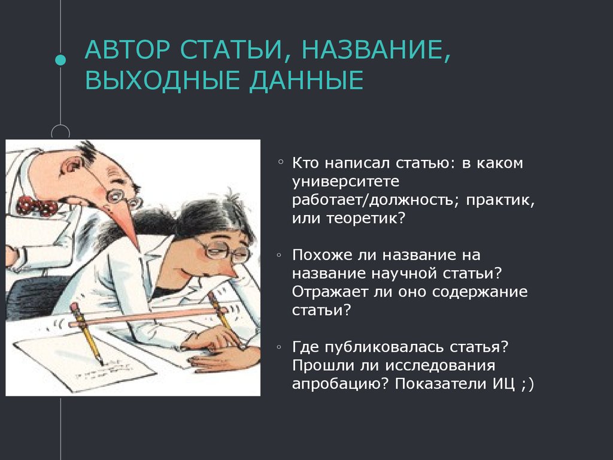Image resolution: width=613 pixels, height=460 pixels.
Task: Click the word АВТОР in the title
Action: point(128,50)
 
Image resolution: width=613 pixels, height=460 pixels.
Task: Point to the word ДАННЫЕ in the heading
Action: point(306,81)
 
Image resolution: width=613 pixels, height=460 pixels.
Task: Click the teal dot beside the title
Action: point(60,60)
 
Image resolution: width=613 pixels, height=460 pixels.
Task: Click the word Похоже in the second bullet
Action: point(321,255)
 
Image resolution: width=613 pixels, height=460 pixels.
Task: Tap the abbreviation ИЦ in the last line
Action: point(503,384)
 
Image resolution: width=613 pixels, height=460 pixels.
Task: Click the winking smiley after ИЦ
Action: point(527,384)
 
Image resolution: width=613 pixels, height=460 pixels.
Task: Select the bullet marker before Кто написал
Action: point(280,162)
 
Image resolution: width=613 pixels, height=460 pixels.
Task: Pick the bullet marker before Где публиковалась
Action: point(279,347)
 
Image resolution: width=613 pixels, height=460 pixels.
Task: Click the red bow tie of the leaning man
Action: point(37,205)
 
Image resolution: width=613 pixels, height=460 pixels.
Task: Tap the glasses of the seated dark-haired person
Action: point(223,249)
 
